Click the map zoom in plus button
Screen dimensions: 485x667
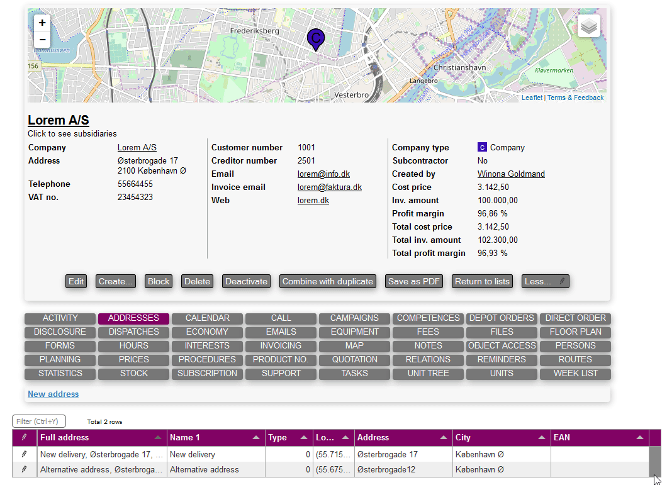tap(42, 23)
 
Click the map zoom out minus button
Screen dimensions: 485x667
tap(42, 40)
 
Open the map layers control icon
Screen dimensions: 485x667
tap(588, 26)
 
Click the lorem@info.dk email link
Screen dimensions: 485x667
tap(323, 174)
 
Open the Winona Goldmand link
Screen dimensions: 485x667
tap(511, 174)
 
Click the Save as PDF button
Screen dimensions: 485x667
tap(415, 281)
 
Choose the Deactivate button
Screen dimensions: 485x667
tap(246, 281)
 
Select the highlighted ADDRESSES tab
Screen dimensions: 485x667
tap(133, 318)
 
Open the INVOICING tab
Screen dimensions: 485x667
tap(281, 346)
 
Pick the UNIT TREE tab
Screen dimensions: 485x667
tap(428, 374)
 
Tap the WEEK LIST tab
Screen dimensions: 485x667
tap(575, 374)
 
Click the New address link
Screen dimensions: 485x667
tap(53, 394)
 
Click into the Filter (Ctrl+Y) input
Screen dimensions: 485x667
tap(39, 421)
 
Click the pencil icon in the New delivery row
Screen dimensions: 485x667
tap(25, 454)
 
